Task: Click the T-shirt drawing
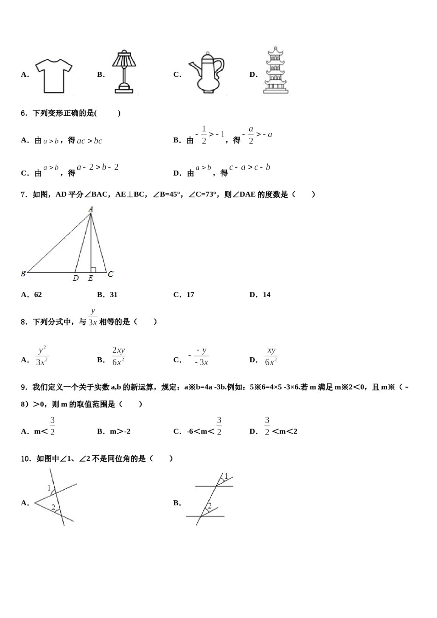point(54,75)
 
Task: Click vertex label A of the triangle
point(91,209)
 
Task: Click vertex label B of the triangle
point(23,274)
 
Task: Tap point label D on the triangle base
point(76,278)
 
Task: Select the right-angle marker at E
point(93,270)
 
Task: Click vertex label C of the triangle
point(110,275)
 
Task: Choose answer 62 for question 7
point(38,295)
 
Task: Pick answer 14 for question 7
point(266,295)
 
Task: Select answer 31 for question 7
point(114,295)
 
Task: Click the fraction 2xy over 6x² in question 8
point(118,356)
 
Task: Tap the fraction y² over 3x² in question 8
point(42,356)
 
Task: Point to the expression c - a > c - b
point(249,167)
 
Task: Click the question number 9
point(24,388)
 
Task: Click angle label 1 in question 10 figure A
point(49,487)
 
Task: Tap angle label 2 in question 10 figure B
point(209,506)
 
